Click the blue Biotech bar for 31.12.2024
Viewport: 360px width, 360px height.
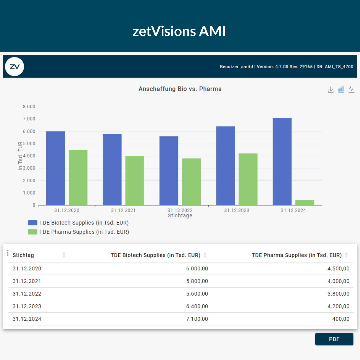click(282, 161)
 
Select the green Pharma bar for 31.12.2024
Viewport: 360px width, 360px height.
click(305, 203)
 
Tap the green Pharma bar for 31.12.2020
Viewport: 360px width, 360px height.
click(78, 177)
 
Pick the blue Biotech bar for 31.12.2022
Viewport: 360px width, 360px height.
click(169, 171)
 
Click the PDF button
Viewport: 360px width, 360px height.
click(334, 339)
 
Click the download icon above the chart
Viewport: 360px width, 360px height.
click(330, 90)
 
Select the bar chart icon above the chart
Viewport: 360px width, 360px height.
click(341, 89)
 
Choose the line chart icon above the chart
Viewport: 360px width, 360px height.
click(351, 89)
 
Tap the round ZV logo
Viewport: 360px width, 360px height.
click(15, 66)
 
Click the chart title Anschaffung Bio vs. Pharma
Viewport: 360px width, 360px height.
click(180, 89)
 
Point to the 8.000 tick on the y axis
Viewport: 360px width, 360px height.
click(29, 107)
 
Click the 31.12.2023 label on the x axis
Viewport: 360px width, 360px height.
click(237, 210)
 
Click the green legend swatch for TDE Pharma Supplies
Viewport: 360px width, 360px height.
click(33, 232)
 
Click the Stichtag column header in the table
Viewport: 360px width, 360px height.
click(23, 255)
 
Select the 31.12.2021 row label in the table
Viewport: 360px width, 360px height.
click(27, 281)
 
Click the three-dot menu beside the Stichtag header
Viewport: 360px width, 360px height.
click(8, 253)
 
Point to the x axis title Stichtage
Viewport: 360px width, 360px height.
click(180, 216)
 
